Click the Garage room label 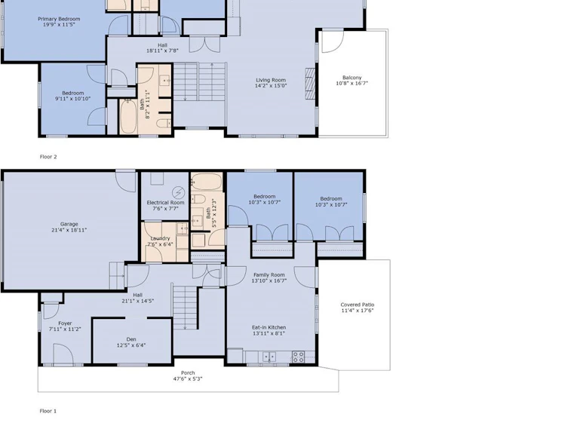[69, 224]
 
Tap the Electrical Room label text [165, 203]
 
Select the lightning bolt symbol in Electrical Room [178, 192]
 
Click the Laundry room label [160, 238]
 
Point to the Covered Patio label [358, 305]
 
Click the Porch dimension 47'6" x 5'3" [188, 379]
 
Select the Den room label [131, 339]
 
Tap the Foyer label [65, 323]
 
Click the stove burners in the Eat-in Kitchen [299, 357]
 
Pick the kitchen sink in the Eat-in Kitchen [269, 357]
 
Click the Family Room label [269, 274]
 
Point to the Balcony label [352, 78]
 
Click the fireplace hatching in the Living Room [310, 84]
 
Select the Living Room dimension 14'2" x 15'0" [271, 86]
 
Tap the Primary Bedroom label [59, 19]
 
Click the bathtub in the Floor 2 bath [128, 117]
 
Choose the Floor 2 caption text [48, 157]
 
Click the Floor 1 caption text [48, 411]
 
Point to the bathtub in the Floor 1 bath [207, 182]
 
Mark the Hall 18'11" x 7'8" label [162, 48]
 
